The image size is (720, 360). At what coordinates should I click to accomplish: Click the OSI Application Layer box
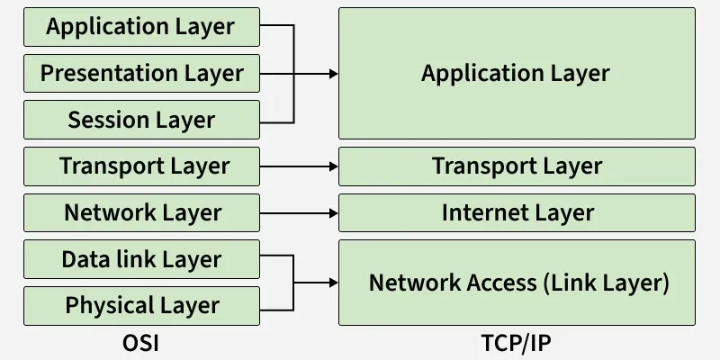pos(141,27)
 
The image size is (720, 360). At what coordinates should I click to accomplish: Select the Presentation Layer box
pos(141,74)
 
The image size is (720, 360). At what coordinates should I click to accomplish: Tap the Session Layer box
pos(141,120)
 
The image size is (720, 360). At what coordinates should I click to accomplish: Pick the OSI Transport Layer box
pos(141,166)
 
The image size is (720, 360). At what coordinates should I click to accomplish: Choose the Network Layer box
pos(141,213)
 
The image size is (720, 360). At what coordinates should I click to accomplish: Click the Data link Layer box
pos(141,259)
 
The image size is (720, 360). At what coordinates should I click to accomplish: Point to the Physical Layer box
pos(141,306)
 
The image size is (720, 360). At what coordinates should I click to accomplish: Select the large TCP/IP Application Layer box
pos(517,74)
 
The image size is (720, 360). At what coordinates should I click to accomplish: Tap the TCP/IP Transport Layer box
pos(517,166)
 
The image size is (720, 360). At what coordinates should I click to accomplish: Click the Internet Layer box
pos(517,213)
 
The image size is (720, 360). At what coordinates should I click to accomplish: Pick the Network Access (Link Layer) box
pos(517,283)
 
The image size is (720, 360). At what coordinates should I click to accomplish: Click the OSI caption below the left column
pos(140,343)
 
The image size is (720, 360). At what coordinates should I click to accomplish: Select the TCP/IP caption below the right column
pos(516,343)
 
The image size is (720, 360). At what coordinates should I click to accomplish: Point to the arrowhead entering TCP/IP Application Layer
pos(332,74)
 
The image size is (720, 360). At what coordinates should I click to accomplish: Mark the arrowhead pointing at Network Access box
pos(332,283)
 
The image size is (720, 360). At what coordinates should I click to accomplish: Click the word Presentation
pos(103,74)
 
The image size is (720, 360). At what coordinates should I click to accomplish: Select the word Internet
pos(479,213)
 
